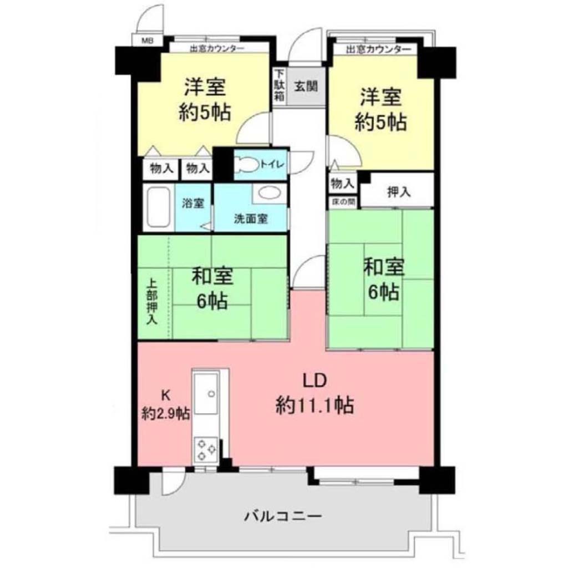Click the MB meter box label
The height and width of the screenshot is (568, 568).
point(148,40)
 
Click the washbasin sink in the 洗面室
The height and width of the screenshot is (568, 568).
point(270,193)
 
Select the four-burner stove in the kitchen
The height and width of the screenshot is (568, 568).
point(206,450)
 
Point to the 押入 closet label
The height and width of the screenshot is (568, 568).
point(399,192)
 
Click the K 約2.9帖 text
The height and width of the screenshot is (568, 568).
point(165,405)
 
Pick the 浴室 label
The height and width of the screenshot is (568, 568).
point(192,203)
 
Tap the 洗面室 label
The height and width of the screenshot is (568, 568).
point(251,219)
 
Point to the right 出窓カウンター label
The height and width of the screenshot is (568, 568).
point(378,49)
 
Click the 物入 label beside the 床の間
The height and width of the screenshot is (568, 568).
point(342,184)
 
